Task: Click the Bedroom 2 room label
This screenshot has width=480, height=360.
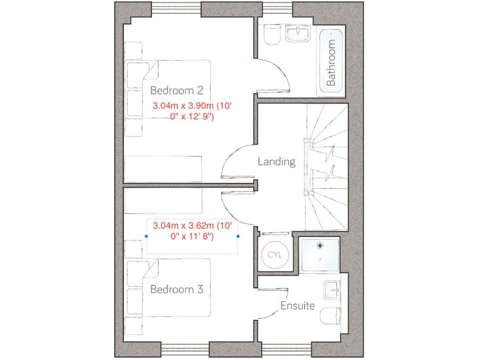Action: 176,90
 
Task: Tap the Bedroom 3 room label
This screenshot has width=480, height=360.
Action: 176,289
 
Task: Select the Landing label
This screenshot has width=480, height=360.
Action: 276,161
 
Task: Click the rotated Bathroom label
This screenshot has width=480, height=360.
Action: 331,62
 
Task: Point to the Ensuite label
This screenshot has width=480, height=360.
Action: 297,306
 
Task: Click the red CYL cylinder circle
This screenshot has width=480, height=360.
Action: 275,255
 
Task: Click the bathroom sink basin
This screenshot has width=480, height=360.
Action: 298,34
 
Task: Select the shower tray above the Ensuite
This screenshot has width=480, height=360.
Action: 319,255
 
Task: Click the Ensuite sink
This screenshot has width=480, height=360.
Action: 332,290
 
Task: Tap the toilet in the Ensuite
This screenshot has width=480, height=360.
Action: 329,316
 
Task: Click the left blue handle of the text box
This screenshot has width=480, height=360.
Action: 146,236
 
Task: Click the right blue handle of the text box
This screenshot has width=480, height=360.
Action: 238,236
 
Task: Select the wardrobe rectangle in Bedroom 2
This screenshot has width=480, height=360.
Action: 163,168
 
